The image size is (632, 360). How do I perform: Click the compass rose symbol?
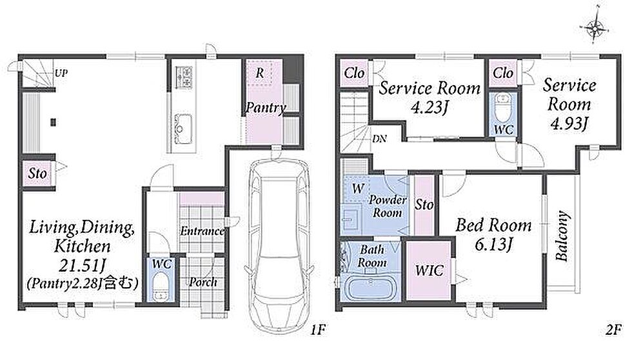[x=594, y=28]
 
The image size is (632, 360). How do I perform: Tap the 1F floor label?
[x=317, y=330]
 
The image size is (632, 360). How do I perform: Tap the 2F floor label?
[x=613, y=330]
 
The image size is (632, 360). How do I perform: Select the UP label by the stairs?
[x=61, y=73]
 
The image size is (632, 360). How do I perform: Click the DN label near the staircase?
[x=379, y=139]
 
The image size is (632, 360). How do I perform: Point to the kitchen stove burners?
[x=184, y=77]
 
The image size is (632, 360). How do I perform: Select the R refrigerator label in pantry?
[x=260, y=74]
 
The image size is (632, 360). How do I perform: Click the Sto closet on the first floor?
[x=37, y=174]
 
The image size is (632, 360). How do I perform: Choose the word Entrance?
[x=202, y=231]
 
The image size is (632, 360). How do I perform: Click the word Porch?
[x=203, y=282]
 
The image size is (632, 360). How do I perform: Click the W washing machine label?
[x=358, y=188]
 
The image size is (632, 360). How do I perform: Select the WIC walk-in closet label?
[x=430, y=270]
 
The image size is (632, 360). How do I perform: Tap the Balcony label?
[x=562, y=236]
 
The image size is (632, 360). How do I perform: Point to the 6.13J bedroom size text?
[x=493, y=244]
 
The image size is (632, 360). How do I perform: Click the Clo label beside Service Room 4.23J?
[x=354, y=74]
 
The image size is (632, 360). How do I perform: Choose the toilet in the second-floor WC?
[x=504, y=107]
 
